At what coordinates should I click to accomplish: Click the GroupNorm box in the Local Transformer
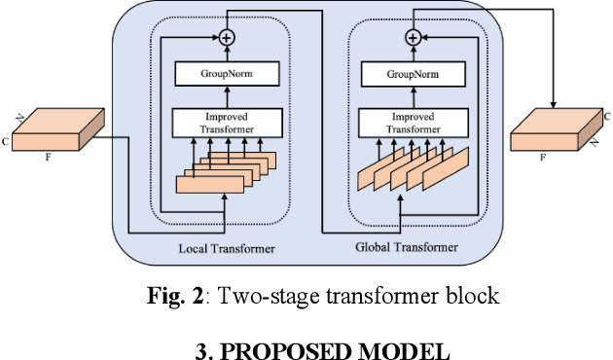click(x=227, y=73)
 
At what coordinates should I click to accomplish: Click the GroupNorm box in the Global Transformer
click(x=413, y=73)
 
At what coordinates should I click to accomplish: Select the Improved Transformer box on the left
click(x=227, y=121)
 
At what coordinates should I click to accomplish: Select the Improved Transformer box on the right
click(x=413, y=121)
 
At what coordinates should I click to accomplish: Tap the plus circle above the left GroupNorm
click(x=227, y=37)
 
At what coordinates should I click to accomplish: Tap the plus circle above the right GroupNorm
click(x=413, y=37)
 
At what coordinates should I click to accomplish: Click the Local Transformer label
click(x=227, y=250)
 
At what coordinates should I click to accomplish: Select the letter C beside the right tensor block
click(x=607, y=116)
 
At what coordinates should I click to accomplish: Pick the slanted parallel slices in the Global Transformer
click(x=412, y=166)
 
